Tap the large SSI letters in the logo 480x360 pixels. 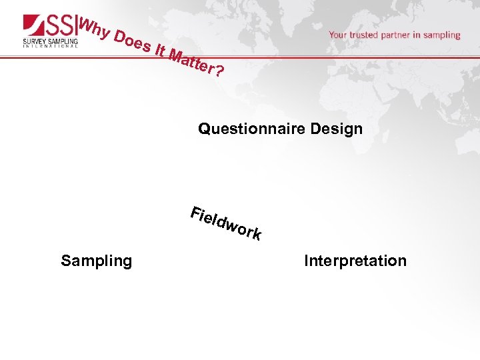[61, 25]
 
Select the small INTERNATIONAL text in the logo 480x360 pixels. [50, 47]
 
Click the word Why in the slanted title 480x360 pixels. [93, 28]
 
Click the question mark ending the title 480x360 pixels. [219, 70]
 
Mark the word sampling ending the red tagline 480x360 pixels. [443, 35]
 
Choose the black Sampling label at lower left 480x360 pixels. [97, 261]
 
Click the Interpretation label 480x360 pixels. [355, 261]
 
